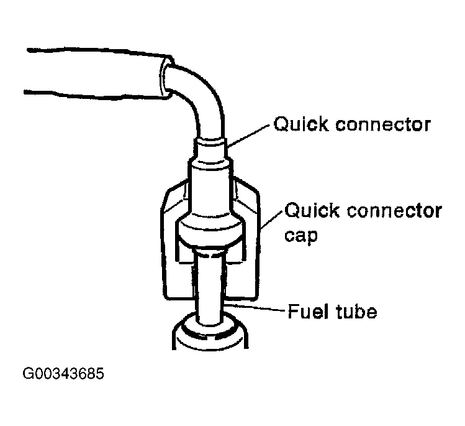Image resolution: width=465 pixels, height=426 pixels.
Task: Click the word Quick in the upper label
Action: [x=301, y=124]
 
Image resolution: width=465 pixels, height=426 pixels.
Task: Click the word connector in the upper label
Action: [x=382, y=125]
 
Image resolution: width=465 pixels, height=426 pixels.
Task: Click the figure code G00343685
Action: [x=63, y=373]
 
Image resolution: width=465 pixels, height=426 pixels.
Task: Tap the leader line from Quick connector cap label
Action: [x=272, y=220]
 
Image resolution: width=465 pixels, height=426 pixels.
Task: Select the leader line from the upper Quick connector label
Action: [x=248, y=136]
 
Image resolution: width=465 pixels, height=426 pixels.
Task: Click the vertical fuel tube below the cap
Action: [x=210, y=288]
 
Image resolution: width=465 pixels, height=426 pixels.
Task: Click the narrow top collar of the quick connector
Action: [x=210, y=147]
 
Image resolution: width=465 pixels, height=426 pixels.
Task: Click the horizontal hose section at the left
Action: [x=95, y=72]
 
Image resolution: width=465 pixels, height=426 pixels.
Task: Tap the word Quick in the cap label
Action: [x=312, y=210]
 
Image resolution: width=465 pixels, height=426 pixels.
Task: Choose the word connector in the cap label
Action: [x=394, y=211]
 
